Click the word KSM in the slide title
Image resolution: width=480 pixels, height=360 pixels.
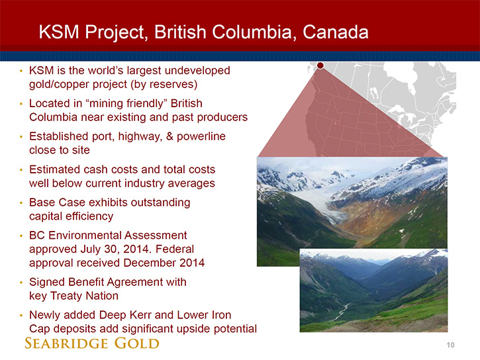(59, 32)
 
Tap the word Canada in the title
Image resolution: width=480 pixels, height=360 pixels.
(336, 32)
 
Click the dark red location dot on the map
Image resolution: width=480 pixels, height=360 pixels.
(320, 66)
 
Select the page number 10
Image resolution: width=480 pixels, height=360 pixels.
(450, 345)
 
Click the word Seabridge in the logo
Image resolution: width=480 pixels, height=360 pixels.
(66, 343)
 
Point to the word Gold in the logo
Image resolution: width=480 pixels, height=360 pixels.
(137, 343)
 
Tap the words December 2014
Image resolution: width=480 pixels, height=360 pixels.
(164, 263)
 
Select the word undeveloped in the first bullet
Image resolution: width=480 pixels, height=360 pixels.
(197, 71)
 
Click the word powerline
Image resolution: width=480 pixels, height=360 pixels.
(201, 136)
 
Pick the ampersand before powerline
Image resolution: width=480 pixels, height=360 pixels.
(169, 136)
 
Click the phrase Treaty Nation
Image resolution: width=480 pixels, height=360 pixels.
(84, 296)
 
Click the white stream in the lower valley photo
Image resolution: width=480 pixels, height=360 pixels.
(342, 312)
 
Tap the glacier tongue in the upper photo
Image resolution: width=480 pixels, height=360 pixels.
(330, 211)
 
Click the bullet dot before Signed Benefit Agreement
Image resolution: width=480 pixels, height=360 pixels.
(21, 283)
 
